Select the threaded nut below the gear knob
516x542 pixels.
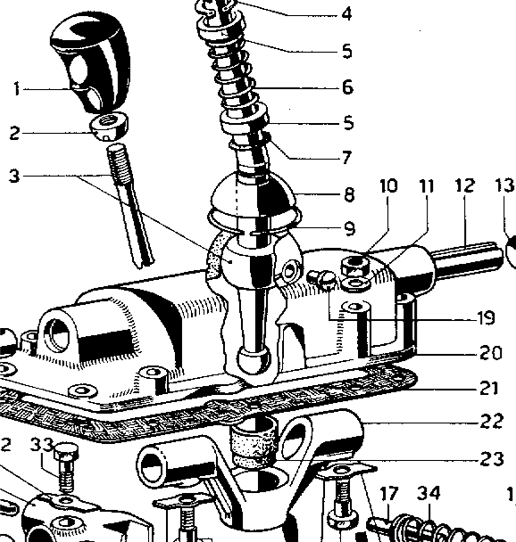[x=110, y=127]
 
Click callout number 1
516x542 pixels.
[x=17, y=89]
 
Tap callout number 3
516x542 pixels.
[x=14, y=176]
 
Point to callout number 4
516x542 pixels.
[x=346, y=14]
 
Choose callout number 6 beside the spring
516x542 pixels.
[x=347, y=86]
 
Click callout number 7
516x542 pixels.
[x=346, y=158]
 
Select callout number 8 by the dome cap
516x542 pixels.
[x=350, y=194]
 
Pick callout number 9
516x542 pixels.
[x=350, y=228]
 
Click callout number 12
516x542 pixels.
[x=465, y=185]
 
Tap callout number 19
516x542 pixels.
[x=486, y=318]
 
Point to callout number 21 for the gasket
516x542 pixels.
[x=489, y=388]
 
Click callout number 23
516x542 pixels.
[x=491, y=459]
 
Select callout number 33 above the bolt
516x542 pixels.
[x=42, y=445]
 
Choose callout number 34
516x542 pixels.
[x=429, y=493]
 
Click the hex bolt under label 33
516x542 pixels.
[x=66, y=467]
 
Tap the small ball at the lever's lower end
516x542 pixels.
[x=254, y=359]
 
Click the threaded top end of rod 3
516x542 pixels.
[x=119, y=161]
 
